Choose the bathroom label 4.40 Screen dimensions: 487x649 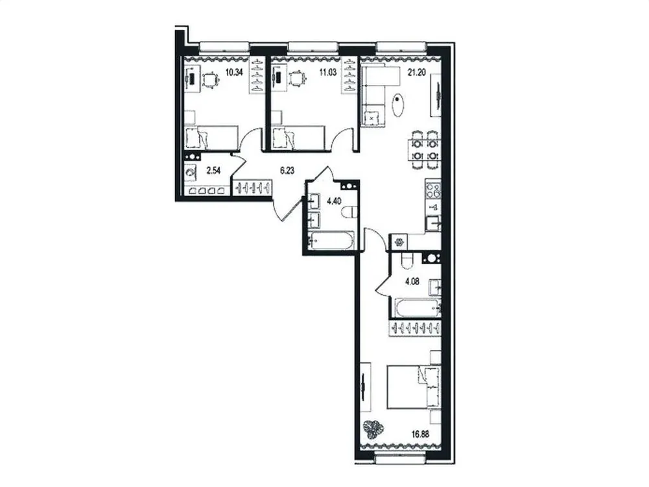(333, 201)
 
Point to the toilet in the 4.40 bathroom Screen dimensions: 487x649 (350, 212)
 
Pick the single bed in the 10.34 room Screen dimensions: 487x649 (208, 138)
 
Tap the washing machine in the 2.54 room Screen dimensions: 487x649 (190, 174)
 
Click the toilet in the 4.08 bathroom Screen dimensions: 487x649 (407, 260)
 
